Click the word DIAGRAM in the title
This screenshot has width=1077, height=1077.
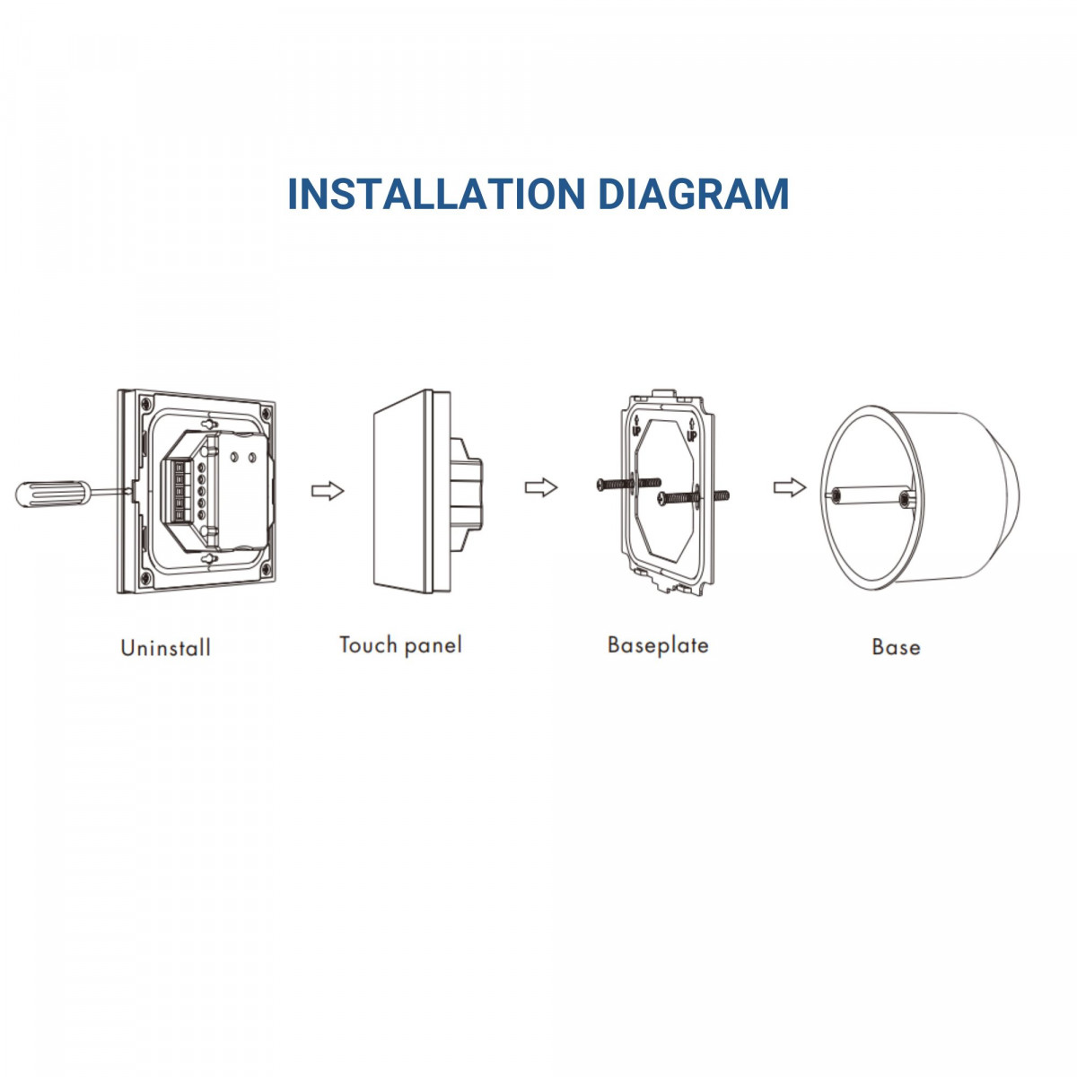tap(694, 194)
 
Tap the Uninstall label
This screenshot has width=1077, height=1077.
tap(165, 648)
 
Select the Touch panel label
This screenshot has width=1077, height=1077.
tap(400, 645)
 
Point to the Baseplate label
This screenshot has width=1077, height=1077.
tap(658, 645)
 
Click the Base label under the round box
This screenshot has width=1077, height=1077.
tap(896, 647)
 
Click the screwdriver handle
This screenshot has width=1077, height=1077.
tap(53, 494)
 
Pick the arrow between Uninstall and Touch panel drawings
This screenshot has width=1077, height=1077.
tap(328, 491)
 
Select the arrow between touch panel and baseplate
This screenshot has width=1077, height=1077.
tap(541, 487)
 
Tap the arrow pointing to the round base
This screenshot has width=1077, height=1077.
tap(790, 487)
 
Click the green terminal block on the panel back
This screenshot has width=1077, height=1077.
tap(179, 490)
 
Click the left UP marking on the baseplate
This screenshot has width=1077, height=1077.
tap(636, 428)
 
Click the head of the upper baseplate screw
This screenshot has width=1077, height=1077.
tap(601, 484)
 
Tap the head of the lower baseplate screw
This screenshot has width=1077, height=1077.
tap(663, 498)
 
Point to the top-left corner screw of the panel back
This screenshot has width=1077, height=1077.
tap(146, 403)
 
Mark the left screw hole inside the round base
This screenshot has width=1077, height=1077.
tap(836, 495)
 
